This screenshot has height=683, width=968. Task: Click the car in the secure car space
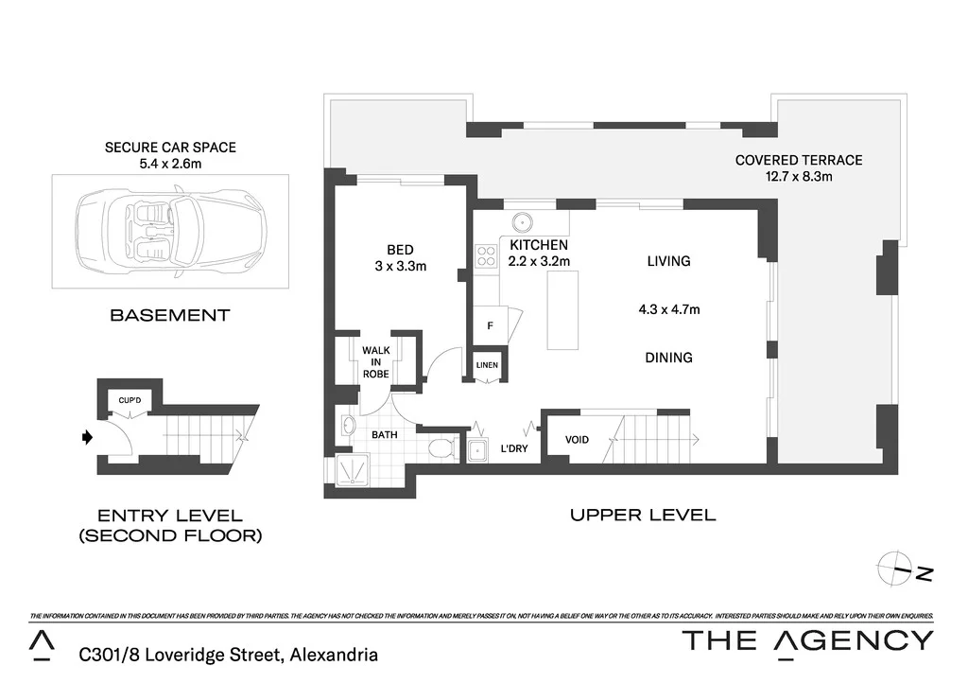(170, 231)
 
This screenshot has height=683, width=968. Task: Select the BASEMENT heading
(170, 315)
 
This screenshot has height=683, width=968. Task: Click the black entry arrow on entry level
(88, 437)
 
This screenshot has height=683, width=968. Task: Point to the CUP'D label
(130, 400)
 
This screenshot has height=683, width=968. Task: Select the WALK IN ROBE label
(376, 361)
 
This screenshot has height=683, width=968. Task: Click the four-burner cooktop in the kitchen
(486, 254)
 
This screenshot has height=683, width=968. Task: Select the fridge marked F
(490, 325)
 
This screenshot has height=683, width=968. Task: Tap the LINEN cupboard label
(487, 365)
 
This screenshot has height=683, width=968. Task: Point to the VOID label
(577, 440)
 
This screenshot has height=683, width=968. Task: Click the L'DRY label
(513, 448)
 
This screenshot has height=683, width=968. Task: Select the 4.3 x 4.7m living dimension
(669, 308)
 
